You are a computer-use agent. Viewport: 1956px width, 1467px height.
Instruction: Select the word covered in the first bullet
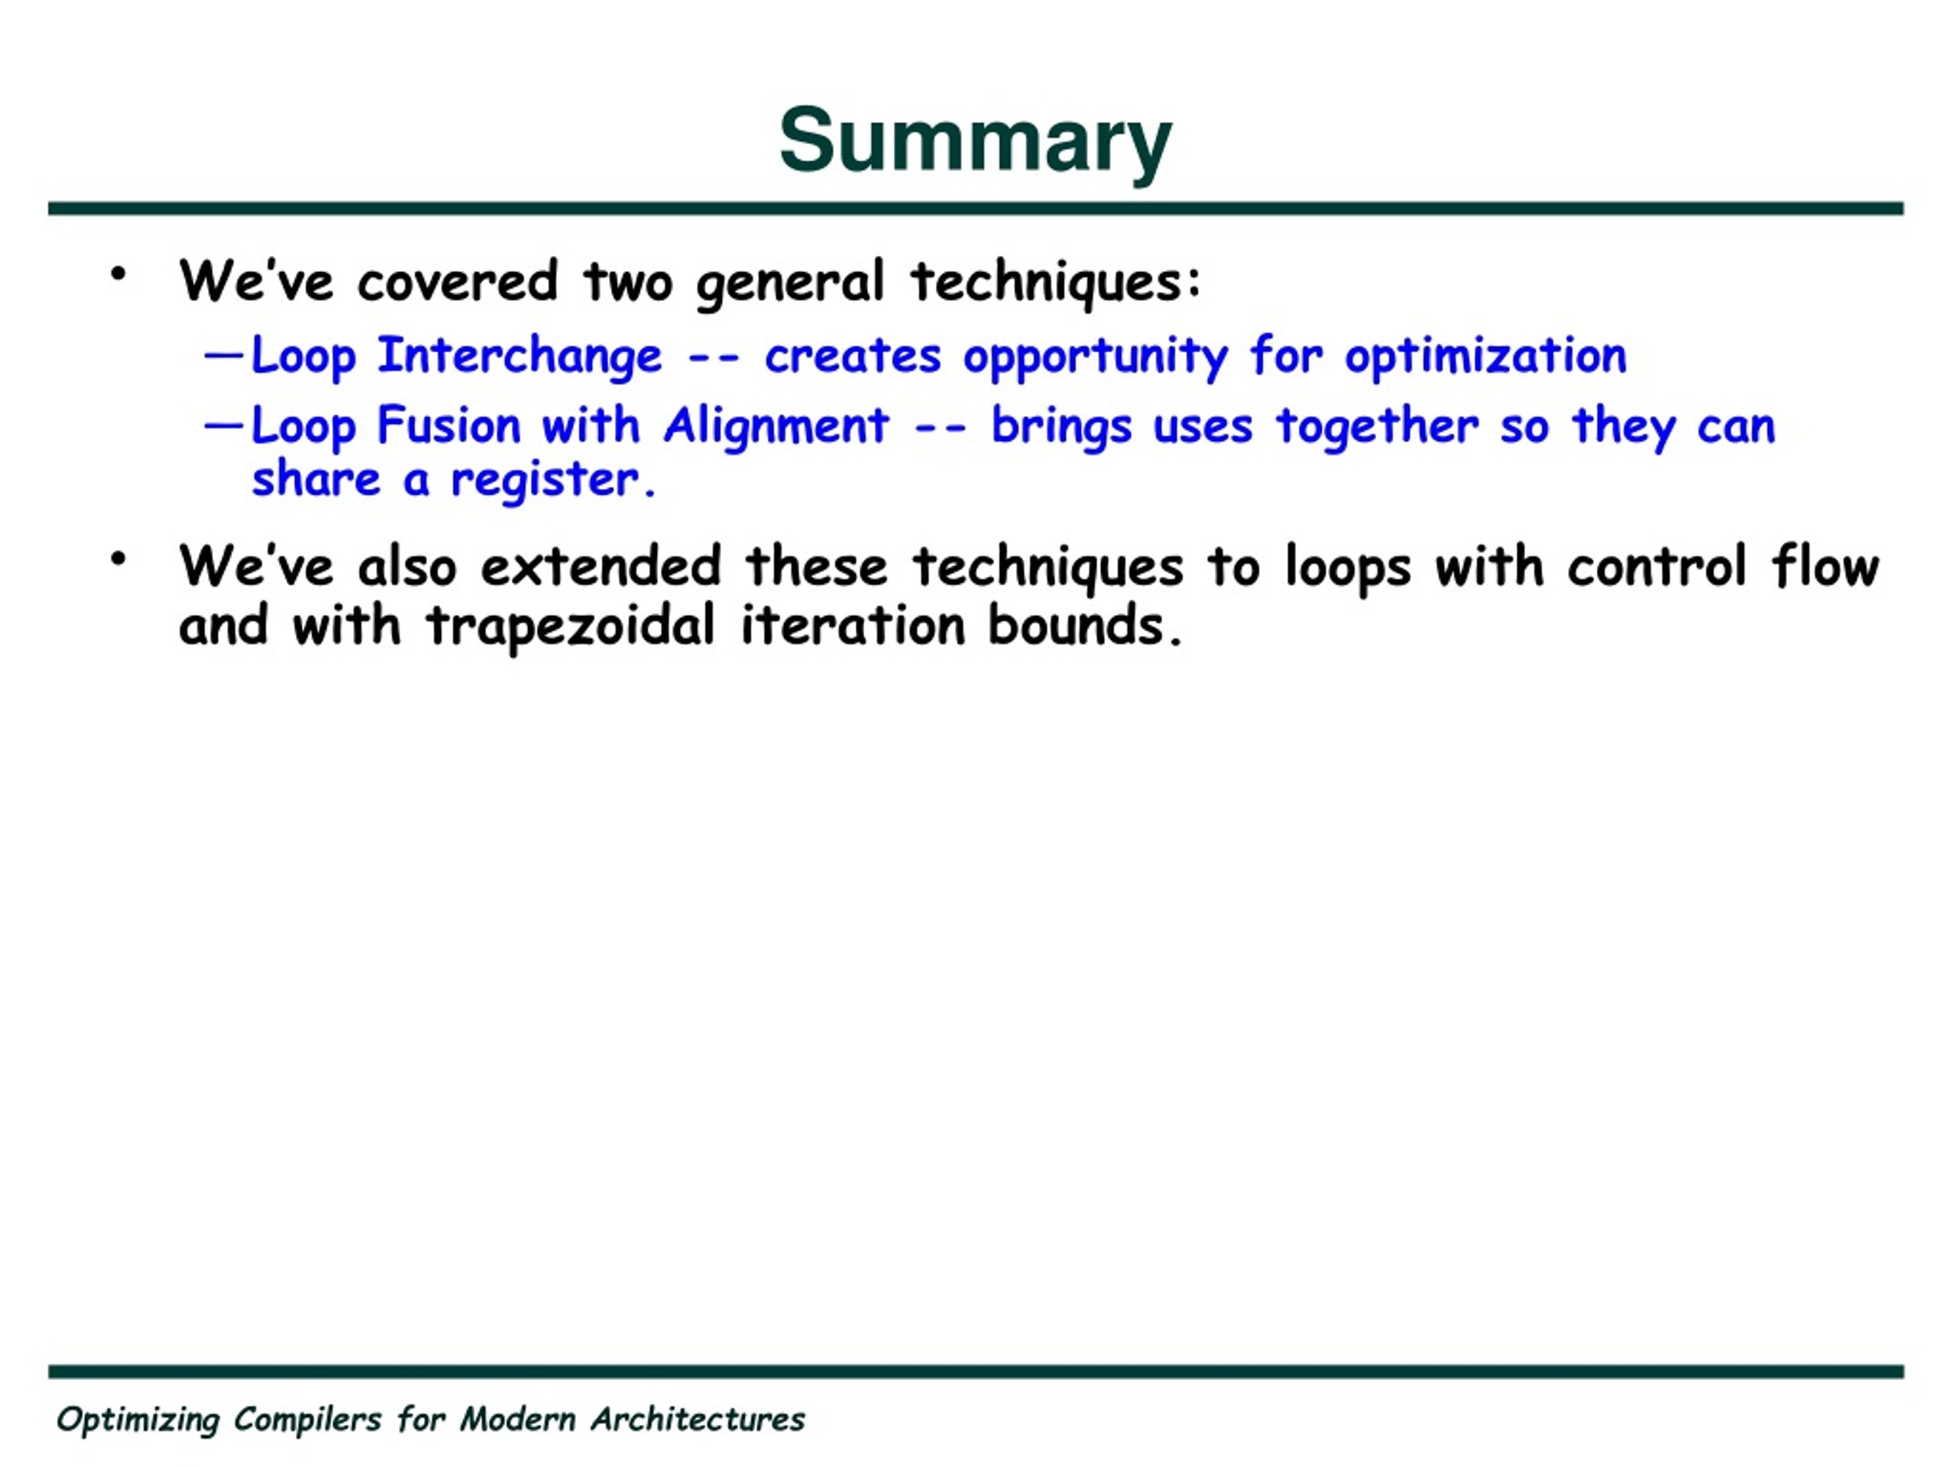tap(457, 282)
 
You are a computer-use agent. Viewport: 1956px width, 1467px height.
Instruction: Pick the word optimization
tap(1485, 355)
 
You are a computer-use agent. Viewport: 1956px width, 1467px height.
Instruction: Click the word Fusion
tap(449, 426)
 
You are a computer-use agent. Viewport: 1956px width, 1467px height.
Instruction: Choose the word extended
tap(601, 566)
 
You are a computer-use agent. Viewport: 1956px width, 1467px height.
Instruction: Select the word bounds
tap(1085, 625)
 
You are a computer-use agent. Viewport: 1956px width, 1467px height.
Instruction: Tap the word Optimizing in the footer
tap(138, 1420)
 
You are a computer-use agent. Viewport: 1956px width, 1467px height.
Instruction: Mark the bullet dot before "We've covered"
tap(118, 274)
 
